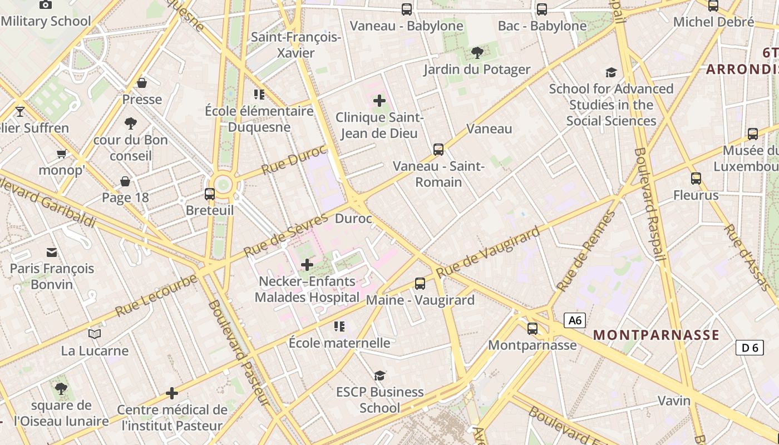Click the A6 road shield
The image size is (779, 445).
(575, 320)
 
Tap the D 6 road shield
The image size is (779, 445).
(750, 348)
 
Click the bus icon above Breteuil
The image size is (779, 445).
(210, 194)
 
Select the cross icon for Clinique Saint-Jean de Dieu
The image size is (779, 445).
(379, 101)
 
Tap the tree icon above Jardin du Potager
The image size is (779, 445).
(477, 53)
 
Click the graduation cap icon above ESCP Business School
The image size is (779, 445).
(380, 375)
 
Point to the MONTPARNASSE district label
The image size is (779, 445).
(657, 335)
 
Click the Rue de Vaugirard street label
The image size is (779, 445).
(488, 252)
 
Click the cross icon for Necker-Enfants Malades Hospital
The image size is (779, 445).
(307, 265)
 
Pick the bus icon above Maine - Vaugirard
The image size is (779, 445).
(420, 284)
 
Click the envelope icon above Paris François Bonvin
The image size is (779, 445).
(52, 252)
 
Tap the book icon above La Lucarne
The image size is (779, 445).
(95, 334)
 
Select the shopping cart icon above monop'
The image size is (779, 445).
(61, 154)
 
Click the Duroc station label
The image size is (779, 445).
(353, 219)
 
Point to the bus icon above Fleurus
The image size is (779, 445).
(696, 179)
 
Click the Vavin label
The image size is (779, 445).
(674, 400)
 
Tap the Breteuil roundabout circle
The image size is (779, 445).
(223, 184)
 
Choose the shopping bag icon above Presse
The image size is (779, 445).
(142, 83)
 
